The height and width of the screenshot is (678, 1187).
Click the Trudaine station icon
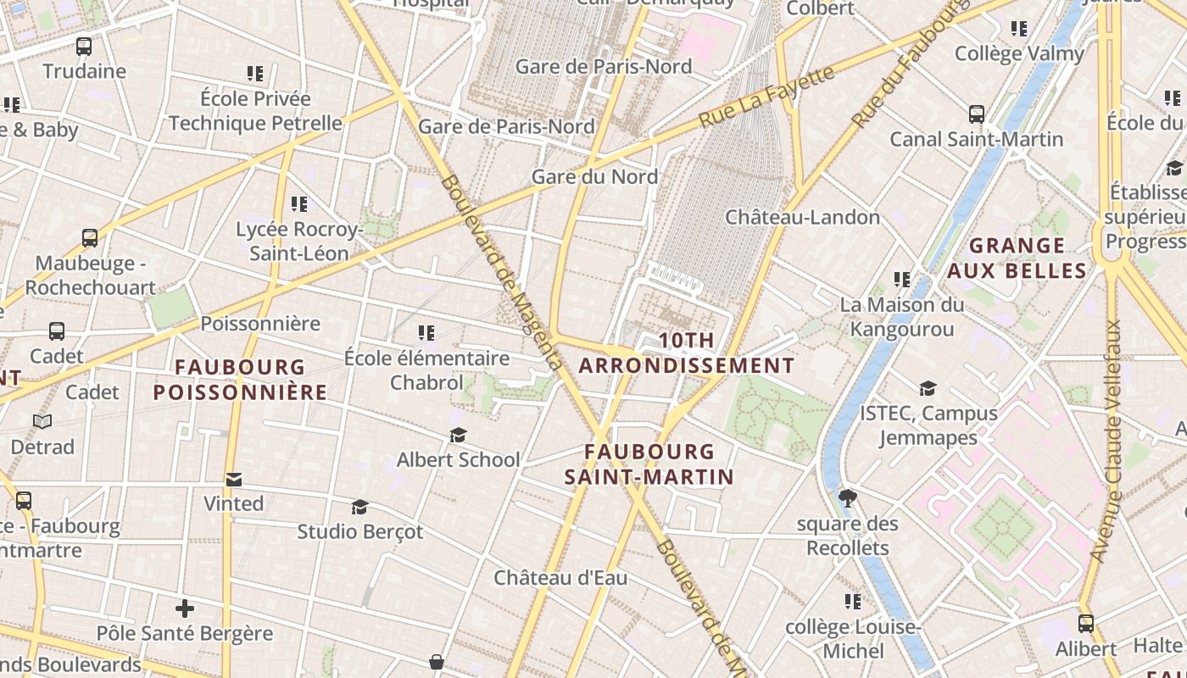(83, 47)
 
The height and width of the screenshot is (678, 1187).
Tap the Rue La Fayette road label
(767, 97)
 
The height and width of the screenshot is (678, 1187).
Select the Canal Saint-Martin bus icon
(976, 114)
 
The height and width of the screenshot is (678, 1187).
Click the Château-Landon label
(802, 217)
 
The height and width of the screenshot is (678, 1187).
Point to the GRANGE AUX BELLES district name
(1017, 258)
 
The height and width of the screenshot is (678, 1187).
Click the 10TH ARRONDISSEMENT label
(687, 353)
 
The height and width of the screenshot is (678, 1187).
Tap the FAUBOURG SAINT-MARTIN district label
(649, 464)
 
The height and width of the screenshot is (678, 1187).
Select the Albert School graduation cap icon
(458, 435)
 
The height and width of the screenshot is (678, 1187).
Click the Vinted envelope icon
(234, 480)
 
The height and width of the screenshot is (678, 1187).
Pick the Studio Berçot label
(359, 531)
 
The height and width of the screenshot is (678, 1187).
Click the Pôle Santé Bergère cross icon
(185, 609)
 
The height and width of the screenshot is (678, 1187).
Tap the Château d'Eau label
(560, 578)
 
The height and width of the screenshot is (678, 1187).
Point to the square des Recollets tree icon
(847, 498)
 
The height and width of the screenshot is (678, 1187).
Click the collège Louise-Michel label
(853, 639)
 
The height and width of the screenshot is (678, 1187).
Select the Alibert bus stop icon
(1085, 624)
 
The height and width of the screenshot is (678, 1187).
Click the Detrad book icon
(42, 421)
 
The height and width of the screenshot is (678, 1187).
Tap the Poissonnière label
(260, 324)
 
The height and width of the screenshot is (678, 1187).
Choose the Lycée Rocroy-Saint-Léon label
(298, 242)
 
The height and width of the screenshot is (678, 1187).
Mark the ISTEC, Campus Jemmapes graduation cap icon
(928, 388)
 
